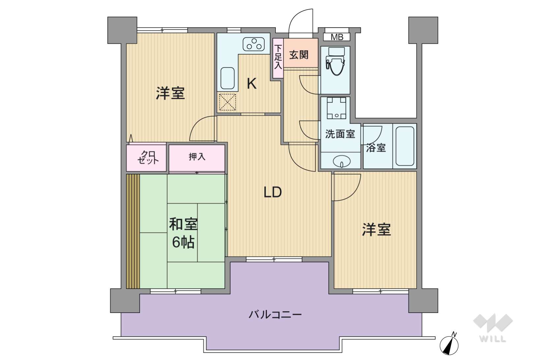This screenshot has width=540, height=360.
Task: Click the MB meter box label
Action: pyautogui.click(x=337, y=37)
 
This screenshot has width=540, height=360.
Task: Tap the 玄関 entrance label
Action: pyautogui.click(x=299, y=55)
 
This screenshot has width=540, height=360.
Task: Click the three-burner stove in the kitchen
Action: pyautogui.click(x=254, y=44)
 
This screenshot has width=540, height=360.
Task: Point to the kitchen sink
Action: pyautogui.click(x=227, y=78)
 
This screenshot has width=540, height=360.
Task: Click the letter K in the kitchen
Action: pyautogui.click(x=252, y=84)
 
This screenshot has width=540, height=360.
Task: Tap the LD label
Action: pyautogui.click(x=273, y=192)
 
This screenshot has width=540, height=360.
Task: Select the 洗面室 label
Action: pyautogui.click(x=340, y=134)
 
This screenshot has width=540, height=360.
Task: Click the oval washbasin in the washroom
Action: pyautogui.click(x=342, y=161)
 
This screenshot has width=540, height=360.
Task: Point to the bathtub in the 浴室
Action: pyautogui.click(x=405, y=146)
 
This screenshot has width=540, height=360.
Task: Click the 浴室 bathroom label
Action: pyautogui.click(x=376, y=148)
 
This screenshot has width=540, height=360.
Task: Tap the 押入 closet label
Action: pyautogui.click(x=197, y=157)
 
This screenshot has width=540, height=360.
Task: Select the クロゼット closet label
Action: pyautogui.click(x=147, y=157)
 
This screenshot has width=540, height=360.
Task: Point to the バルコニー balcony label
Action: pyautogui.click(x=275, y=315)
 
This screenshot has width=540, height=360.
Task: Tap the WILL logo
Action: pyautogui.click(x=493, y=328)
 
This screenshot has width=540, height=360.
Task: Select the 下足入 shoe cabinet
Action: pyautogui.click(x=278, y=58)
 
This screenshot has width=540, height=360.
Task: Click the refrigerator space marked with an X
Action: pyautogui.click(x=227, y=102)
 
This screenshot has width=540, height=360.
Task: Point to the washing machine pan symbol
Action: pyautogui.click(x=336, y=108)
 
